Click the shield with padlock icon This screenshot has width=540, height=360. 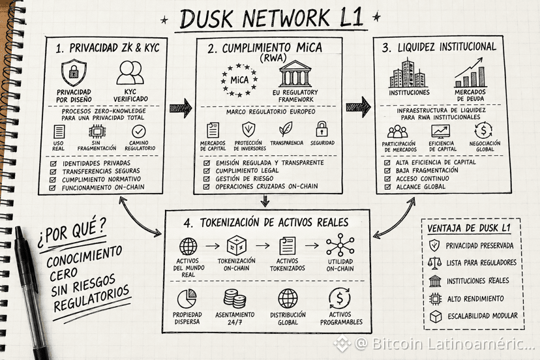tap(74, 72)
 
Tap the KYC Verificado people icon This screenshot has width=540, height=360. tap(130, 72)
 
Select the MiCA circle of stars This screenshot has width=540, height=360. tap(239, 80)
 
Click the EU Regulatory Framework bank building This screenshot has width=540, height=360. tap(295, 74)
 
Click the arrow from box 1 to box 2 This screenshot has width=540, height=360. tap(181, 108)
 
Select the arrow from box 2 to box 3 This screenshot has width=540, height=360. tap(359, 107)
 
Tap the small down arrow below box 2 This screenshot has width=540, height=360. tap(265, 201)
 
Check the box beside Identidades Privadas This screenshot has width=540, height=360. tap(53, 164)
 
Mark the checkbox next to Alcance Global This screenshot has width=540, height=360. tap(388, 187)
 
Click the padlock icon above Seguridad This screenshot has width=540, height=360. tap(322, 129)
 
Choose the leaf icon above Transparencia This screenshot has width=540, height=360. tap(286, 129)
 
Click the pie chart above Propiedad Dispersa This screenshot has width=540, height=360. tap(187, 298)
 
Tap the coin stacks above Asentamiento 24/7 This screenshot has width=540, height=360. tap(235, 298)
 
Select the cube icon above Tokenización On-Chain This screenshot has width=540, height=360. tap(237, 245)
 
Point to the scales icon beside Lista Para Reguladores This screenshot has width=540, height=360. tap(434, 263)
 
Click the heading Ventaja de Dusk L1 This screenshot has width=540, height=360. tap(469, 228)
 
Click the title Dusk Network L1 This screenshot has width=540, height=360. tap(271, 19)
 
